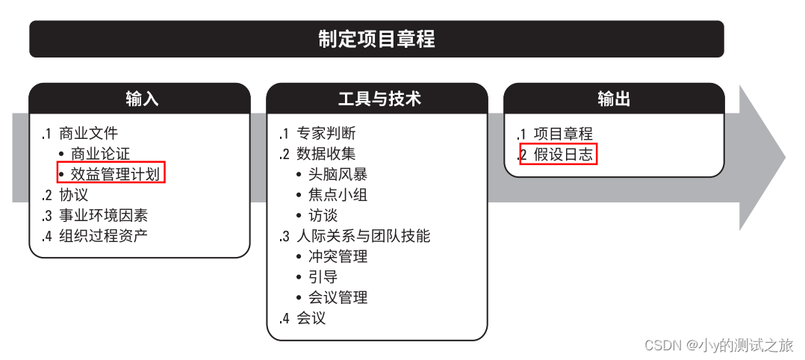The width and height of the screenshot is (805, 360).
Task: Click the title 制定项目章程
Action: (376, 39)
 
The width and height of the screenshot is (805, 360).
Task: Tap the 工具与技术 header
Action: (377, 99)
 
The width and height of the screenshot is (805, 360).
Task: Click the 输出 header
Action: (614, 99)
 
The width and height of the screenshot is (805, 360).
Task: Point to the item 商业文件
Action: (88, 134)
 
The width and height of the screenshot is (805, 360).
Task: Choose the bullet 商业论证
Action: (100, 154)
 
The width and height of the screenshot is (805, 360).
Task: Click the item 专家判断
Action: (326, 134)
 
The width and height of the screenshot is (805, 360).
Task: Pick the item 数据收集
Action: (326, 154)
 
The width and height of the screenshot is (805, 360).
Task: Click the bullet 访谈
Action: (323, 216)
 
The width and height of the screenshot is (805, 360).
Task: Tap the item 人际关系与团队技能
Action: (363, 236)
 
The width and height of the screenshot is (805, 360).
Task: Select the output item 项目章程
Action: (563, 134)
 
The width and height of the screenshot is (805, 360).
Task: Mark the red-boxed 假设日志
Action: (563, 155)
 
